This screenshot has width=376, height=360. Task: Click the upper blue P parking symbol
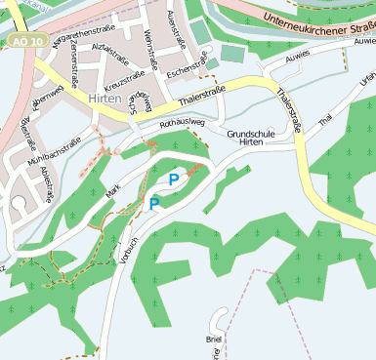174,179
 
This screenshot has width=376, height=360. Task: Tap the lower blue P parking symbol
153,203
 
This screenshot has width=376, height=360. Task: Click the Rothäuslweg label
183,123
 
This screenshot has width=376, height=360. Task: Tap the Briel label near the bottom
214,339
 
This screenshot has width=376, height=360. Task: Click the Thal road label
325,117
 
